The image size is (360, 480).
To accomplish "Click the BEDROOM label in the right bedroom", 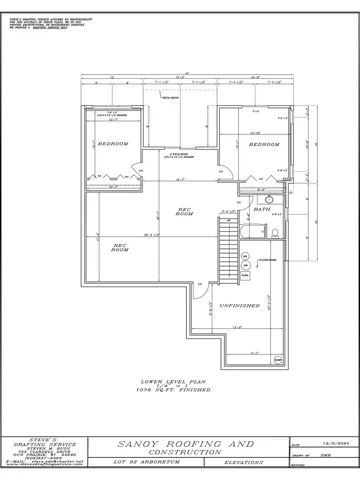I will coord(262,144).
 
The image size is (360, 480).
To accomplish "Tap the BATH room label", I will coord(262,210).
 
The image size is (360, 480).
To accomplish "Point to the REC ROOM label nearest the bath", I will coord(183,213).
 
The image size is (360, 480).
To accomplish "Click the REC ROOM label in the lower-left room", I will coord(121,248).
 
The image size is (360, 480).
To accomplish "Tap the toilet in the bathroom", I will coord(276,232).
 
